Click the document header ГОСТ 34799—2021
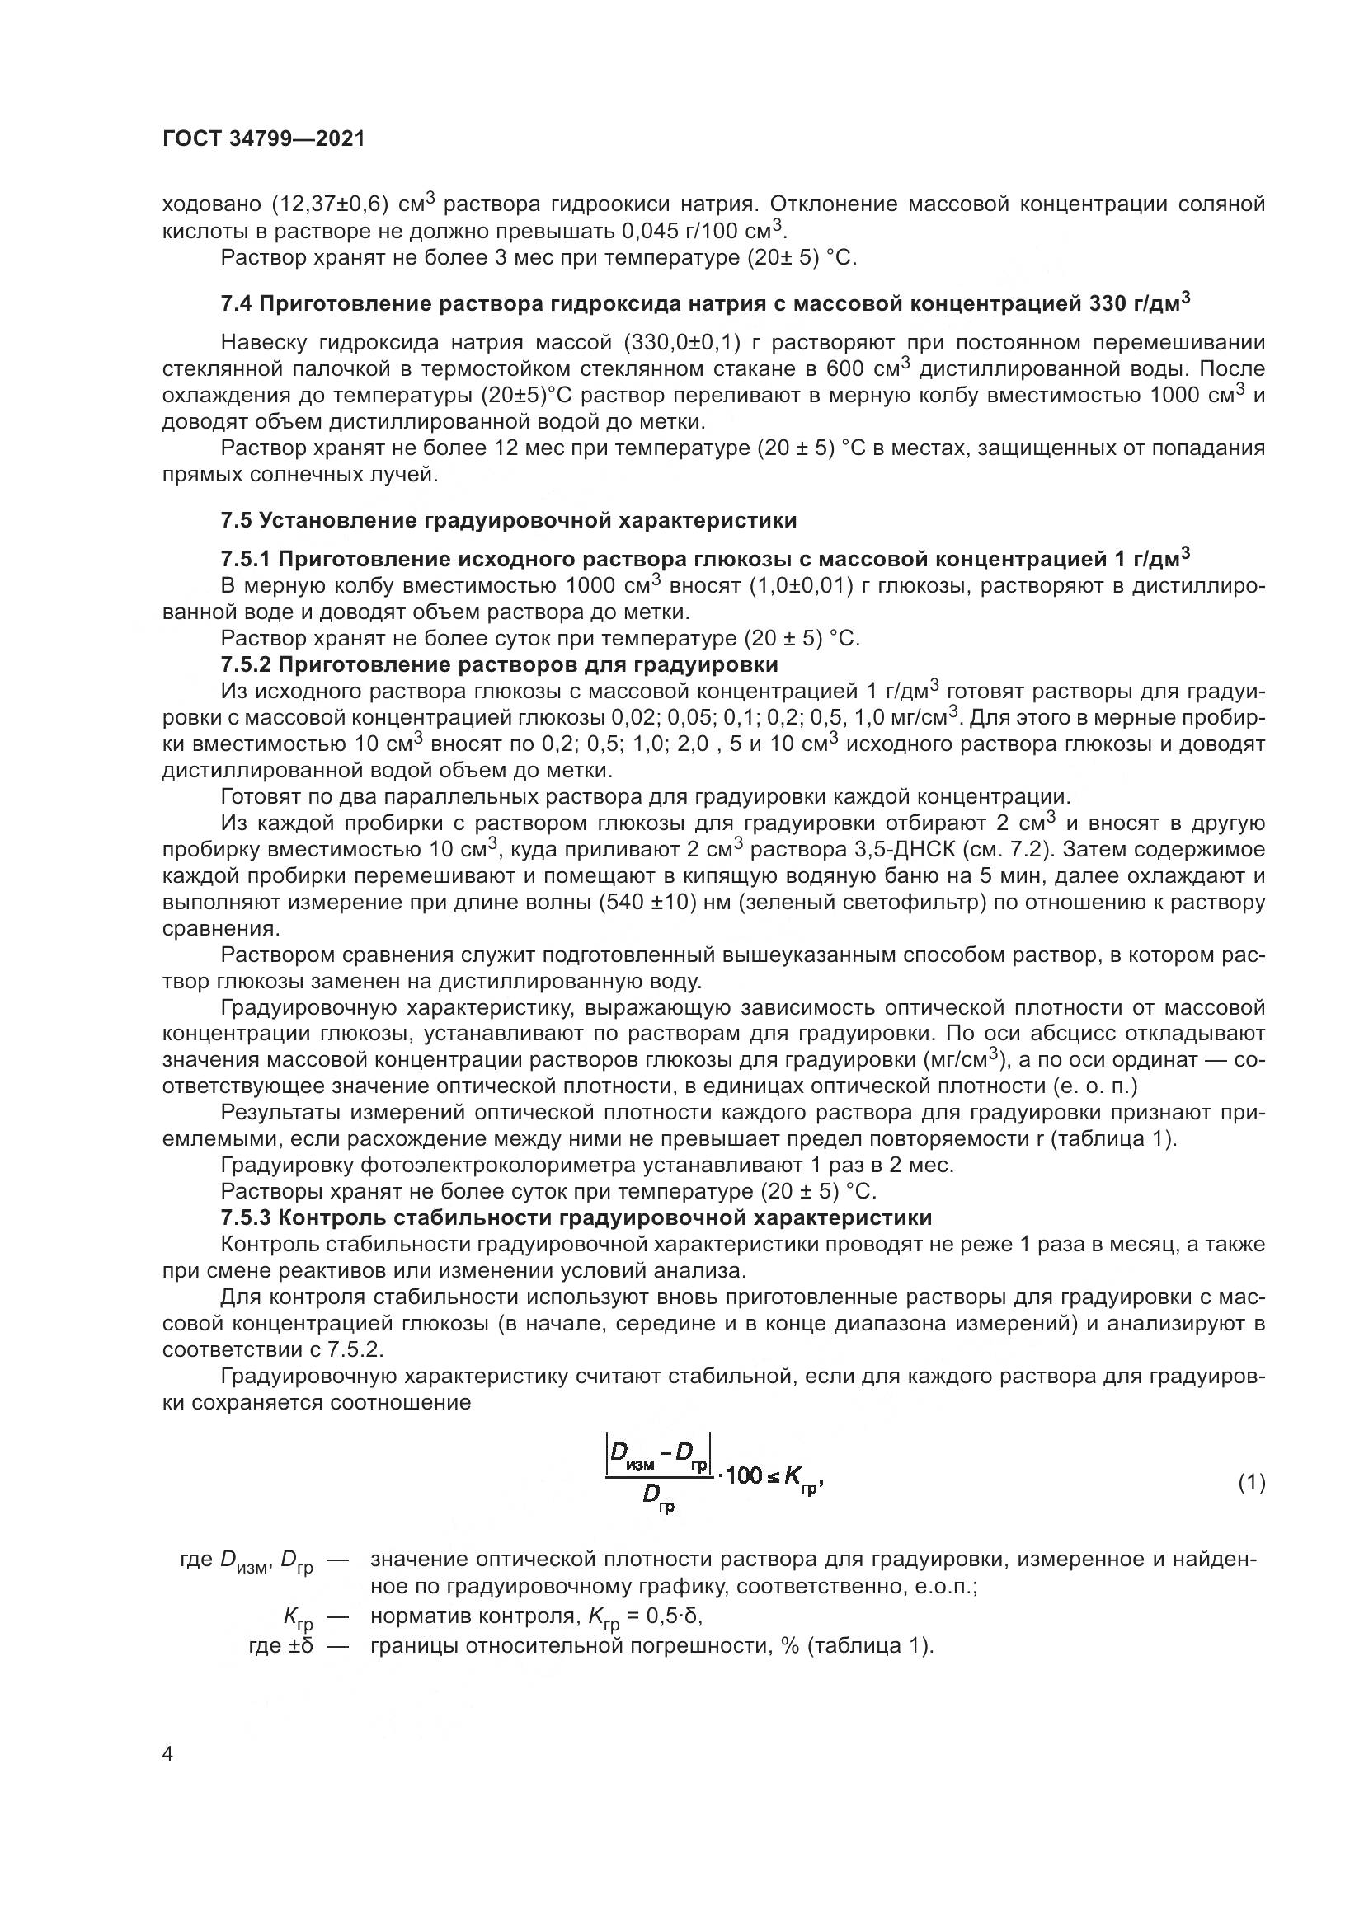(264, 139)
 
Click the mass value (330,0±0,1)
(681, 343)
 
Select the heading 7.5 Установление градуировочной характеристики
(508, 521)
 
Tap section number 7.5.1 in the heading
(245, 559)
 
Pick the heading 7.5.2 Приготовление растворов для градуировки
(499, 665)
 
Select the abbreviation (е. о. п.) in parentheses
(1094, 1086)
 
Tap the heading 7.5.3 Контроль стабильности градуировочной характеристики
(576, 1217)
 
